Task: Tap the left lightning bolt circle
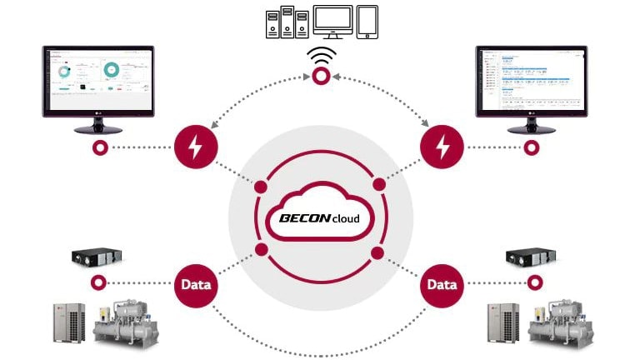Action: point(196,148)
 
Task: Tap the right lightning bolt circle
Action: point(442,148)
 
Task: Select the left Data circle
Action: point(196,284)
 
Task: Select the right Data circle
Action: point(442,284)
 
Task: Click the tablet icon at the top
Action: point(367,22)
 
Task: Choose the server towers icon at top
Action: point(280,22)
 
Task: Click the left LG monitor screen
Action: point(98,83)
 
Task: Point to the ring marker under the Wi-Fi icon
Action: point(321,77)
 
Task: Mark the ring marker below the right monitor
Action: point(532,148)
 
